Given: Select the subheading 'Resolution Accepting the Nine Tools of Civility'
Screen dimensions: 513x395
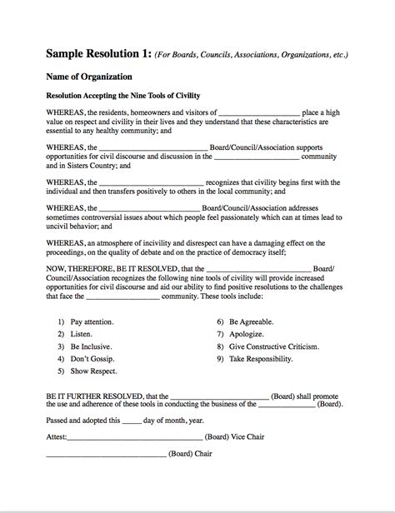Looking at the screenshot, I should click(123, 96).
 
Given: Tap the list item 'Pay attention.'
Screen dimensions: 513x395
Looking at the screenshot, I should click(92, 321).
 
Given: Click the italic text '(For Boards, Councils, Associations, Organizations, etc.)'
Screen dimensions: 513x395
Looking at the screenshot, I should click(255, 56).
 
